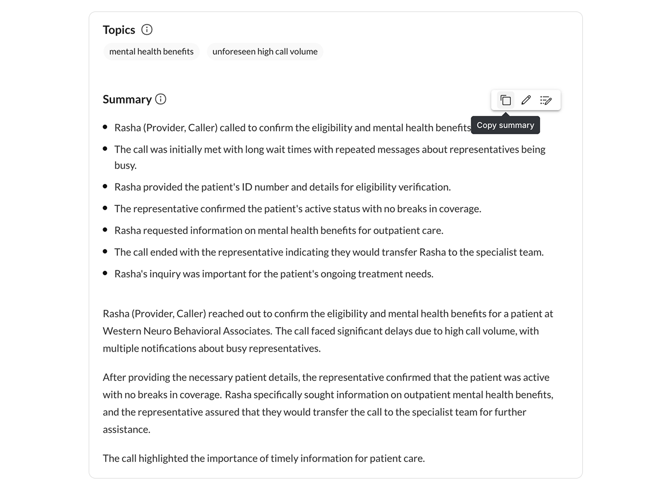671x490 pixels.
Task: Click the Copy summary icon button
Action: (506, 100)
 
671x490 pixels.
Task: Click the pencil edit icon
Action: (526, 100)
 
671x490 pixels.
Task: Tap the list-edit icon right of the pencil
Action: (546, 100)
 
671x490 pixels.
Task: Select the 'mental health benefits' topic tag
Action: (152, 51)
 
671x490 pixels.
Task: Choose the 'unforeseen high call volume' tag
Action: (265, 51)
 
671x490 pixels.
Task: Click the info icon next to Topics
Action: (147, 30)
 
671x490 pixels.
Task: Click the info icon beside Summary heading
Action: (161, 99)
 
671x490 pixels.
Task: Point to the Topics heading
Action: (119, 30)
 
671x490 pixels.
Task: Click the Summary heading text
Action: (127, 99)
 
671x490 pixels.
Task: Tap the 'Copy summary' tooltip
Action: (505, 125)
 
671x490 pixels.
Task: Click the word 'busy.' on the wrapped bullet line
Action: (125, 165)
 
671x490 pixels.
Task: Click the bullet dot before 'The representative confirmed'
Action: (105, 209)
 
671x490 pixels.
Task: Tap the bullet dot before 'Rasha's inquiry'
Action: (105, 274)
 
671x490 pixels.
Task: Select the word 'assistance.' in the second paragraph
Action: (126, 429)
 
